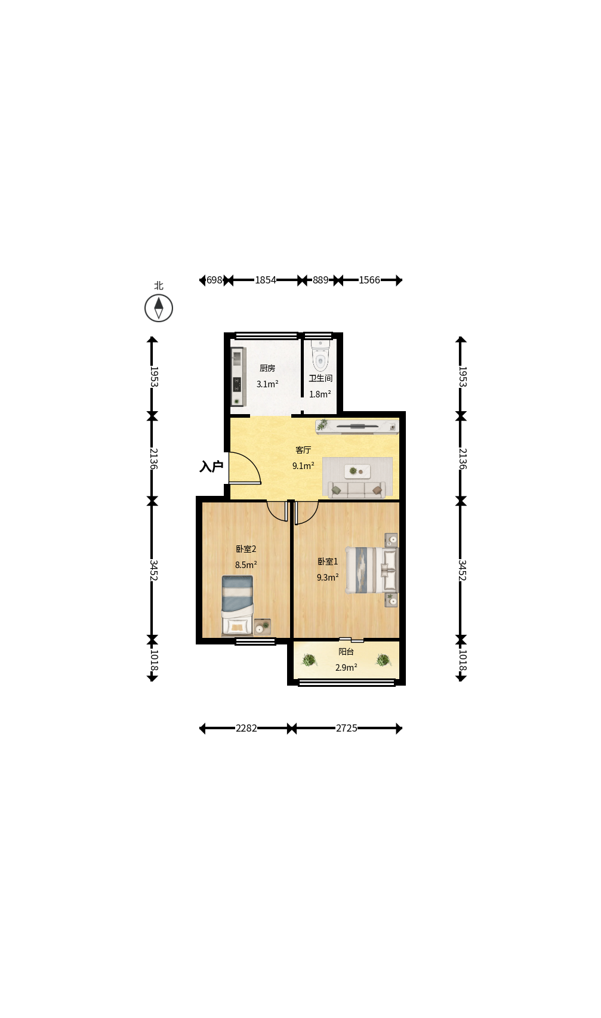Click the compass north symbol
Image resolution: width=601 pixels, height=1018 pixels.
click(x=159, y=308)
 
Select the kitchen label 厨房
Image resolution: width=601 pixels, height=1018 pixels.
click(x=267, y=368)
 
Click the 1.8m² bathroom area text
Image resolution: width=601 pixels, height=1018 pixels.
click(x=320, y=394)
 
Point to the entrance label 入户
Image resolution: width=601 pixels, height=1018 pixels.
click(x=211, y=466)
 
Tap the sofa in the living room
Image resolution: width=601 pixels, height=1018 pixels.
click(x=357, y=490)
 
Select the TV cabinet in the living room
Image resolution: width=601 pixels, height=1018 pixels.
click(x=357, y=427)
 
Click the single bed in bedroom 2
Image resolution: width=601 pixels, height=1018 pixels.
click(x=238, y=605)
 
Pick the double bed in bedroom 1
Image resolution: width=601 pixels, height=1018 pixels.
click(x=372, y=570)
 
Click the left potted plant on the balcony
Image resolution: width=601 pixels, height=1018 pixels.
click(x=309, y=659)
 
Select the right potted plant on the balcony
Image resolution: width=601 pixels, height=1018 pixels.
click(x=383, y=659)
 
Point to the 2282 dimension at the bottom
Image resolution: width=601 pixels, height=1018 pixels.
click(x=246, y=728)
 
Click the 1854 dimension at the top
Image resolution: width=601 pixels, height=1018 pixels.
click(x=266, y=280)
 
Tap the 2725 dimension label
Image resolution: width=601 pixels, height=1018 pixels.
click(x=346, y=728)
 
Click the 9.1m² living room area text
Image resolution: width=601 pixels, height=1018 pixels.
click(x=303, y=466)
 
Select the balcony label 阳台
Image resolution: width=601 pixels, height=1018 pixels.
click(x=346, y=652)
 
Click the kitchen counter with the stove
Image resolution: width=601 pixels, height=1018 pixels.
click(x=238, y=377)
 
